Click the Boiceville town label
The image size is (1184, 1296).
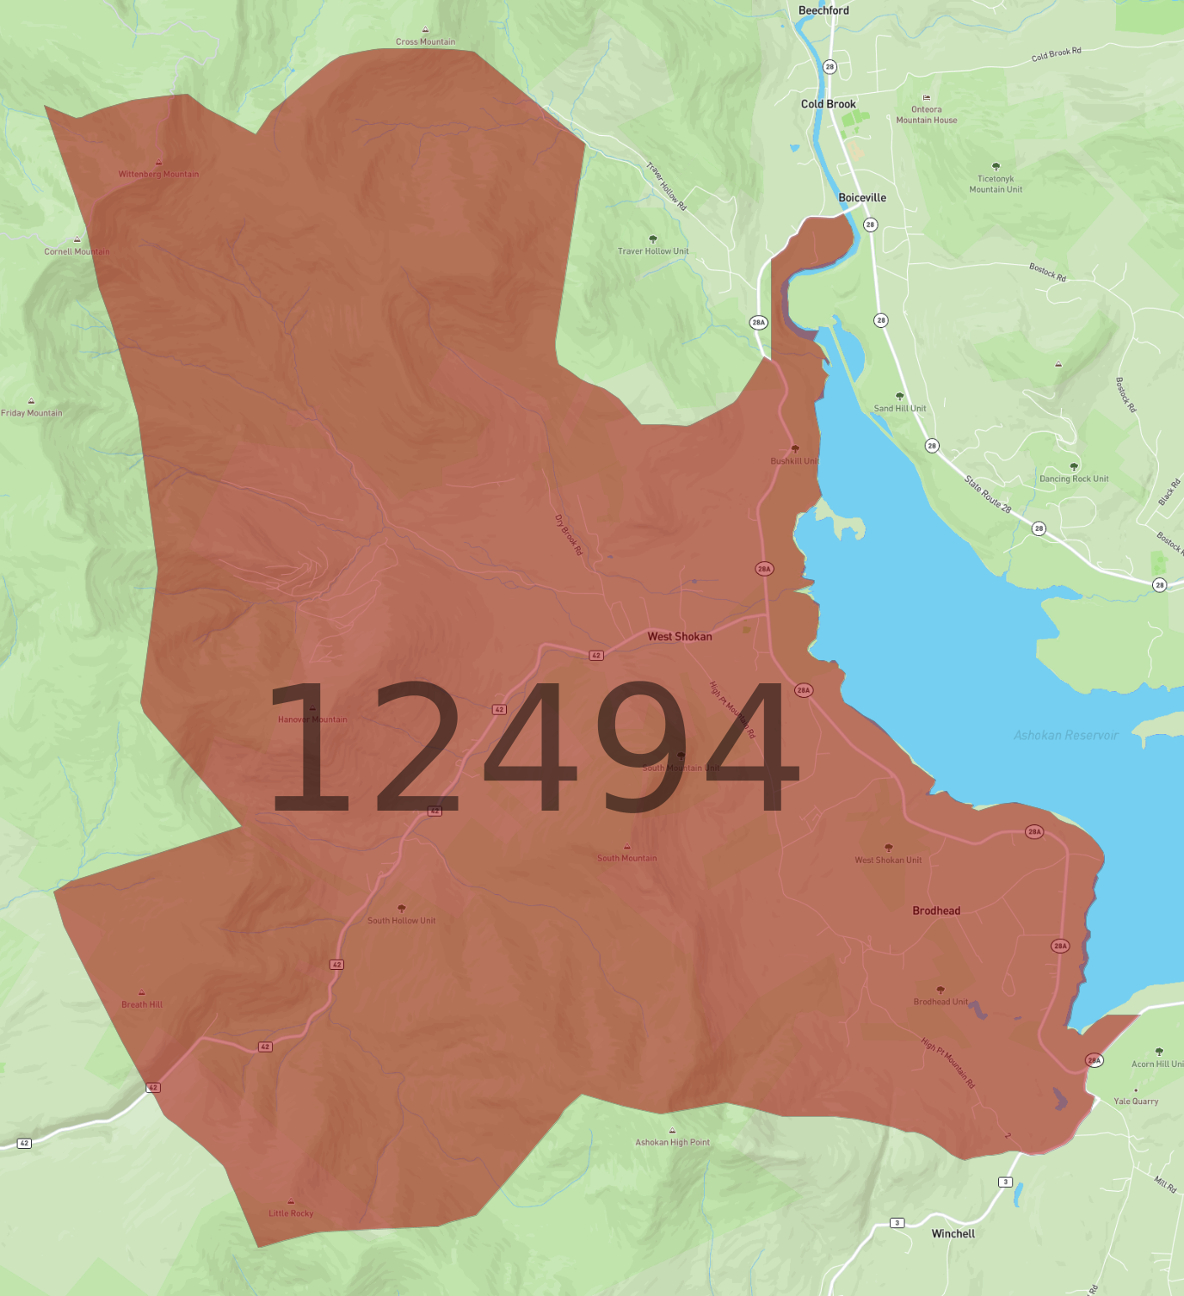862,198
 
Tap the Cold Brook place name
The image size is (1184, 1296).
828,104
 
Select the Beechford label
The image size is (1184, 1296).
823,10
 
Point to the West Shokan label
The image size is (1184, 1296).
680,637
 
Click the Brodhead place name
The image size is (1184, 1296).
936,910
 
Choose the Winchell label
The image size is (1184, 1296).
953,1233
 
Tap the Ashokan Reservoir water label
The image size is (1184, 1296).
1065,735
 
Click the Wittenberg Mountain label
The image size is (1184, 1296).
158,174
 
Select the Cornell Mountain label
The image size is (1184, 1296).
77,251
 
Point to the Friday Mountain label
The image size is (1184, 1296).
32,413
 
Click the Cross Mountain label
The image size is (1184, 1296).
425,41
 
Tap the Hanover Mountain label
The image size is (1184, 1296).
312,719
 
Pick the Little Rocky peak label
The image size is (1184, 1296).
291,1213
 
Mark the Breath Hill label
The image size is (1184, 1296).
142,1004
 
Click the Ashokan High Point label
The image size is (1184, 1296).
672,1142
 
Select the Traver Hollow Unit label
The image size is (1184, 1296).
653,251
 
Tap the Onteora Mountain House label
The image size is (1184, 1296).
927,114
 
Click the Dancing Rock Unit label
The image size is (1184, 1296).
1074,478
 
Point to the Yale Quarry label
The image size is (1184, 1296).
1136,1101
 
